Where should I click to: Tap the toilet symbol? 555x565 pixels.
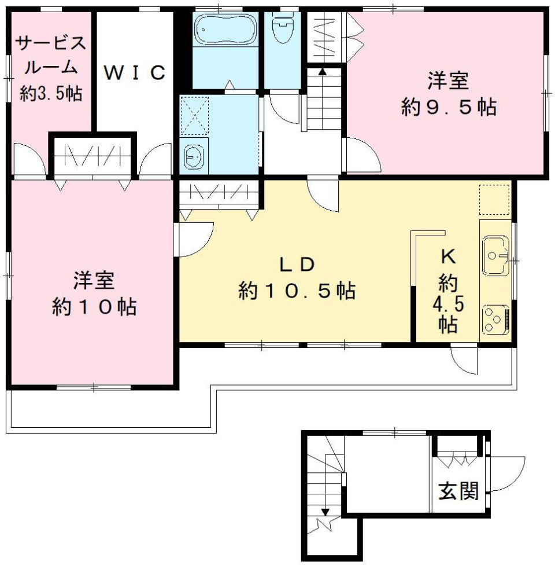pyautogui.click(x=283, y=29)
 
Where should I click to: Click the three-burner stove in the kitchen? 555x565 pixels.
pyautogui.click(x=495, y=317)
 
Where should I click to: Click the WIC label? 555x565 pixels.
pyautogui.click(x=135, y=73)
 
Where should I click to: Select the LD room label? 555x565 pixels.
pyautogui.click(x=297, y=264)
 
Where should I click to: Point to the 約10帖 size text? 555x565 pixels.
pyautogui.click(x=94, y=307)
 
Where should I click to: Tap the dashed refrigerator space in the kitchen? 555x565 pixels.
pyautogui.click(x=494, y=200)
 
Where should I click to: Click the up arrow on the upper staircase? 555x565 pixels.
pyautogui.click(x=322, y=72)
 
